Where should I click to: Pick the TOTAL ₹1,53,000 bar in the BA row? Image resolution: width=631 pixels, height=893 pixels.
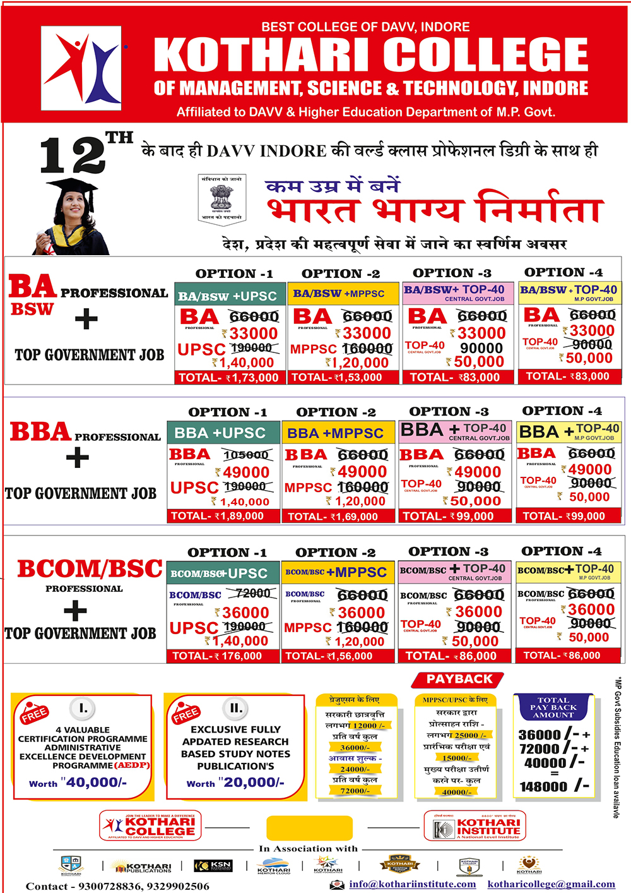[x=343, y=378]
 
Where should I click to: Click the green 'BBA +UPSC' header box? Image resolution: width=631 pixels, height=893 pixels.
[x=223, y=433]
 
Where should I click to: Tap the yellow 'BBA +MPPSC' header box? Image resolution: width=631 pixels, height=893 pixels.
[x=339, y=433]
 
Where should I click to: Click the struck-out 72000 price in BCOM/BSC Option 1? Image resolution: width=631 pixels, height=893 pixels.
[x=252, y=594]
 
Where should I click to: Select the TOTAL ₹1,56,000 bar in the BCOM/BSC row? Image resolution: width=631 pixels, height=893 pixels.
[x=338, y=656]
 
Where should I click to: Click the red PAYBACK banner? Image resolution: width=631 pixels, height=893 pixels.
[x=459, y=680]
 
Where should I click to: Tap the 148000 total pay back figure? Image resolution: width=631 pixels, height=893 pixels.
[x=544, y=787]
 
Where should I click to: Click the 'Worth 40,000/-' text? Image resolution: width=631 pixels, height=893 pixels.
[x=78, y=782]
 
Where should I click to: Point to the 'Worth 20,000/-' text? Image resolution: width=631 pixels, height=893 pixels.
[x=235, y=782]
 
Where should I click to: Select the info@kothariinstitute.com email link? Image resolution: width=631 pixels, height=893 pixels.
[x=413, y=884]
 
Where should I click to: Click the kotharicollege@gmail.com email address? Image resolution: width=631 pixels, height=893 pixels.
[x=551, y=884]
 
